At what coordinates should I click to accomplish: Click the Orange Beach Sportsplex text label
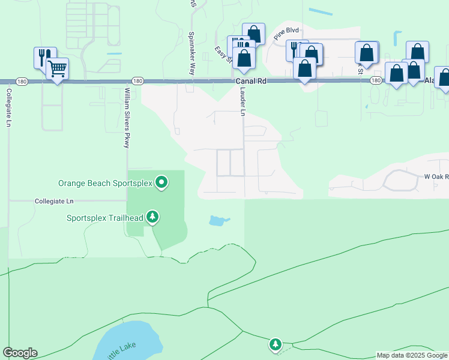click(105, 183)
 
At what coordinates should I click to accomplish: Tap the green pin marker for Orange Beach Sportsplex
click(161, 181)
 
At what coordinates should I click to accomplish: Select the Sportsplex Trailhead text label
click(104, 217)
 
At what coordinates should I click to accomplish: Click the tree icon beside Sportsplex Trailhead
click(153, 216)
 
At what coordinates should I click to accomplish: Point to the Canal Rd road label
click(251, 80)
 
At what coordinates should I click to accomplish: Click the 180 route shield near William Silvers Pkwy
click(137, 80)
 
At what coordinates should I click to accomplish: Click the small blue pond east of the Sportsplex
click(218, 221)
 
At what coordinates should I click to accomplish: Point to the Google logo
click(20, 353)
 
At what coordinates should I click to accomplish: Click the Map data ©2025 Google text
click(412, 355)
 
